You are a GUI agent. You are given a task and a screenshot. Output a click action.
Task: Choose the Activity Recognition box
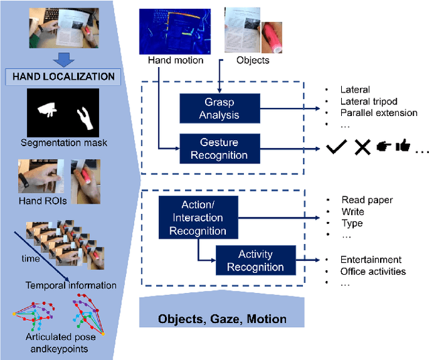click(255, 260)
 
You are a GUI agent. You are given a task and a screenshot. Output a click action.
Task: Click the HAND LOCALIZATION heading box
click(64, 76)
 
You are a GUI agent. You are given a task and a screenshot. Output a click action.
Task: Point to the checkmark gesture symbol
click(339, 148)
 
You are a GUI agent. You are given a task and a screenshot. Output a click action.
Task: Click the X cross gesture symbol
click(363, 148)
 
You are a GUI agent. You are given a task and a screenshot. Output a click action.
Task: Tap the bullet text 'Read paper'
click(367, 200)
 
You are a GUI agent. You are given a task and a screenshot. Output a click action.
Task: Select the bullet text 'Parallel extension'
click(379, 113)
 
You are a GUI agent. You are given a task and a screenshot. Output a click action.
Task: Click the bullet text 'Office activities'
click(373, 272)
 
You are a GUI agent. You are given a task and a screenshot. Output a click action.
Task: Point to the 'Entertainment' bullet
click(371, 260)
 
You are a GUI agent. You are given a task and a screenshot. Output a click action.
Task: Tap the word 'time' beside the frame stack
click(30, 258)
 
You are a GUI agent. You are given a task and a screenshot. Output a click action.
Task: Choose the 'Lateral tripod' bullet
click(371, 101)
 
